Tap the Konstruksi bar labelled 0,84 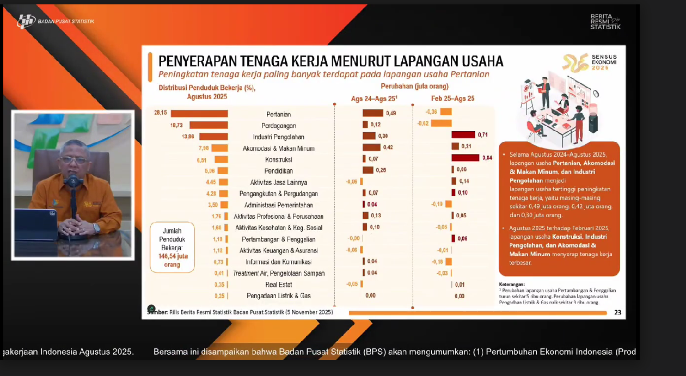[x=465, y=158]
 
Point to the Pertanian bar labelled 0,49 [x=373, y=113]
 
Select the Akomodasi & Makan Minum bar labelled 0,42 [x=371, y=147]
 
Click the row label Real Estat [x=278, y=285]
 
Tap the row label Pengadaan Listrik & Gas [x=279, y=296]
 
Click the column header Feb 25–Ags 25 [x=452, y=98]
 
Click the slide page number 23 [x=617, y=312]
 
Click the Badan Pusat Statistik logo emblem [x=26, y=21]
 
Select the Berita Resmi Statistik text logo [x=605, y=22]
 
